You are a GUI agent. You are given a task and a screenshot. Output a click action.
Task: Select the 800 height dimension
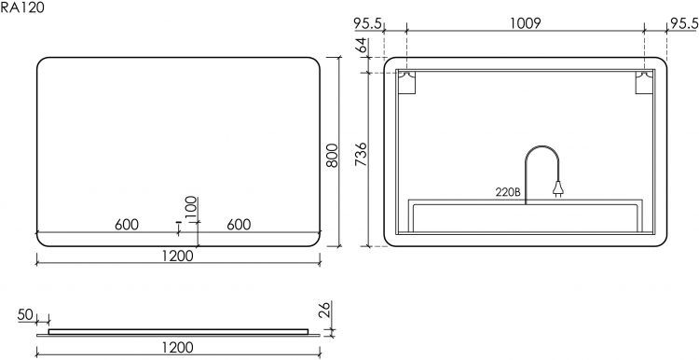pos(329,155)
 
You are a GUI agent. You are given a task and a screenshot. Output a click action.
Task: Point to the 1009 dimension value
pos(527,24)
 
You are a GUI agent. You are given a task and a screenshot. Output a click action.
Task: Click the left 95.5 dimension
pos(370,24)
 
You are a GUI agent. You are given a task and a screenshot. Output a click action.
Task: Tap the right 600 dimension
pos(238,225)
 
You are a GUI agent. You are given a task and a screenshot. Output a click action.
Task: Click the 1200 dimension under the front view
pos(177,256)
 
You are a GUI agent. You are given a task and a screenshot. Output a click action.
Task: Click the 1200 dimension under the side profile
pos(177,348)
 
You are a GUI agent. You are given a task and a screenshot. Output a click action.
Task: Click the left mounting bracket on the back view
pos(408,84)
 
